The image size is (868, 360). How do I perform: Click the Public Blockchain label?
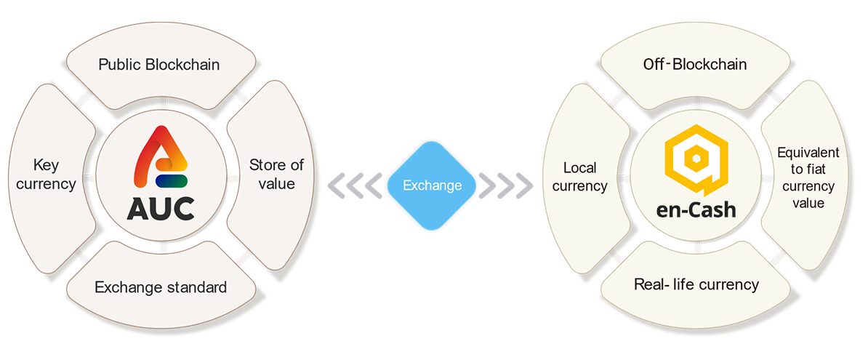(x=159, y=65)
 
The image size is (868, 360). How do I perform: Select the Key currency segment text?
(x=45, y=175)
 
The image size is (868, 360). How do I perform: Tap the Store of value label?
(x=276, y=174)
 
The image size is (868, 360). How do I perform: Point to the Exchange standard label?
(x=161, y=287)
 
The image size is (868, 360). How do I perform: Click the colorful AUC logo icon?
(x=161, y=159)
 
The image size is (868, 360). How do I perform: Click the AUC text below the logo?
(x=161, y=208)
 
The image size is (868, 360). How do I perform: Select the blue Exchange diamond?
(x=433, y=185)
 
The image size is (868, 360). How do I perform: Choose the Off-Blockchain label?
(x=695, y=65)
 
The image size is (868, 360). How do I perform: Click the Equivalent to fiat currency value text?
(x=808, y=177)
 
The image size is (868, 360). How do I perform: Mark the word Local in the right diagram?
(x=579, y=169)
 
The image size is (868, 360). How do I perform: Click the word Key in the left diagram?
(x=45, y=166)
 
